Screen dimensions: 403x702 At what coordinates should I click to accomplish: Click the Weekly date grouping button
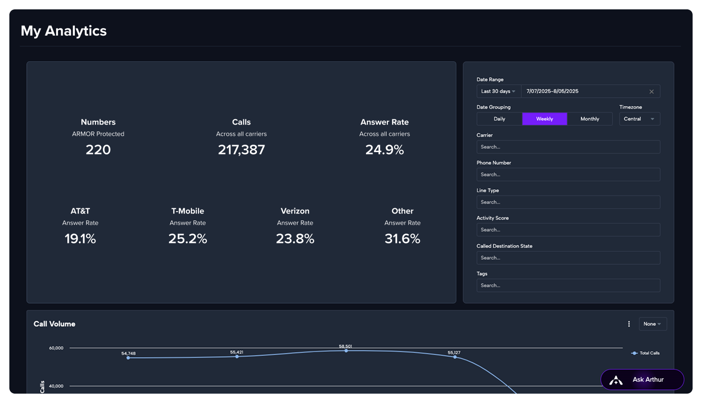tap(544, 119)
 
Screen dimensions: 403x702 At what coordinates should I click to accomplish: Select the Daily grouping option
tap(499, 119)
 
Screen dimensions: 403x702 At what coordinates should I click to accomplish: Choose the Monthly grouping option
tap(590, 119)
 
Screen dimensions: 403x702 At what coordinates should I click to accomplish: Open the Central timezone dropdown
tap(639, 119)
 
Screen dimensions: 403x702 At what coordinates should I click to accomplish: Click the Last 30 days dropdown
tap(498, 91)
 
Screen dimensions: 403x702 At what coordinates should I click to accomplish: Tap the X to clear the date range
tap(651, 92)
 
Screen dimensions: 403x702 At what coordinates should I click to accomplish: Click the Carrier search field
tap(568, 147)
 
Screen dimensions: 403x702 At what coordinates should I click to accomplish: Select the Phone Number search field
tap(568, 175)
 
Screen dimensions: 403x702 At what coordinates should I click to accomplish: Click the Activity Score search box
tap(568, 230)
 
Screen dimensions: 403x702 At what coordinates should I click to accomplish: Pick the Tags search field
tap(568, 286)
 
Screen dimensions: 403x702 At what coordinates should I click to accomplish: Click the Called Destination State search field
tap(568, 258)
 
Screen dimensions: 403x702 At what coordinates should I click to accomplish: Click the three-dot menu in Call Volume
tap(629, 324)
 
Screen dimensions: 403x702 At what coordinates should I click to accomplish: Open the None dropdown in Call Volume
tap(652, 324)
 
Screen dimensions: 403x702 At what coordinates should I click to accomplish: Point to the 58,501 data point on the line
tap(346, 351)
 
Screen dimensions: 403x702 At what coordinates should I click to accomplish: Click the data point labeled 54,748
tap(128, 358)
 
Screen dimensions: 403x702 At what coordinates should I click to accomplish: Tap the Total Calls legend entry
tap(645, 353)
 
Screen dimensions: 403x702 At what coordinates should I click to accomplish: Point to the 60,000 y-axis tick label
tap(56, 348)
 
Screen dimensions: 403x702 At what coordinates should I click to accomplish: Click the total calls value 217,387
tap(241, 150)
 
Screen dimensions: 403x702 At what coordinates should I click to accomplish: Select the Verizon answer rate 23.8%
tap(295, 239)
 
